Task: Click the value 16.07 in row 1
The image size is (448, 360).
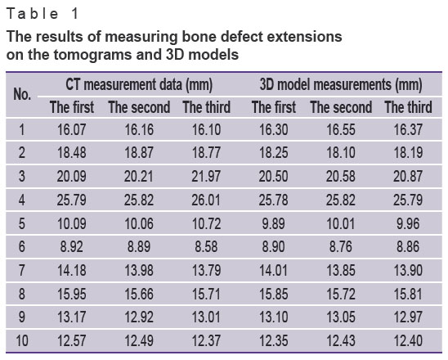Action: click(71, 129)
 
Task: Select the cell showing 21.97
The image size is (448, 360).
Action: click(206, 176)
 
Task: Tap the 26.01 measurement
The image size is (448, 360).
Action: click(206, 200)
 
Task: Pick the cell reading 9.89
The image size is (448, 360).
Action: click(273, 223)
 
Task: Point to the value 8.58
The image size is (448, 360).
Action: click(206, 247)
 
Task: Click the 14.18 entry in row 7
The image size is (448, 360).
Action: click(71, 270)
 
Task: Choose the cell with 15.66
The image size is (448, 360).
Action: click(139, 294)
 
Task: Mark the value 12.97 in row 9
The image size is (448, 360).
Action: click(408, 317)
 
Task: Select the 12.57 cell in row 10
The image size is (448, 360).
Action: click(71, 341)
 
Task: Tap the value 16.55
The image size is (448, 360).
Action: click(341, 129)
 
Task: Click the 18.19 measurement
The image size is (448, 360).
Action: click(408, 152)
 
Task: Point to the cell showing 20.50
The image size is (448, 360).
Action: click(273, 176)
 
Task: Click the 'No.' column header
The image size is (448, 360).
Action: click(22, 94)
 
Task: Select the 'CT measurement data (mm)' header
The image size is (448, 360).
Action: click(139, 84)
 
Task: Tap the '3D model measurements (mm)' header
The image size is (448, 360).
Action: click(341, 84)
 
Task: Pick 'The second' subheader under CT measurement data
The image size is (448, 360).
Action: click(139, 107)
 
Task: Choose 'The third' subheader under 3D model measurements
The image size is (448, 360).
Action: click(408, 107)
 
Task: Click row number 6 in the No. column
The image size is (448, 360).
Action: click(22, 247)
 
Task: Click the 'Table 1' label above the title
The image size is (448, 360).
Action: click(43, 14)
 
